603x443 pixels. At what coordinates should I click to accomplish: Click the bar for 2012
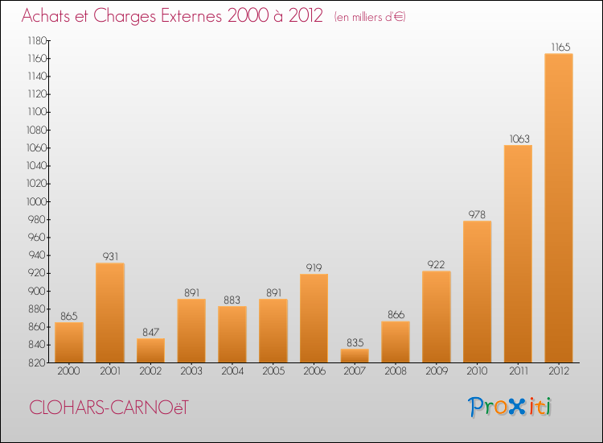coord(559,208)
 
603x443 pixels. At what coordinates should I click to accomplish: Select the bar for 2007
coord(355,355)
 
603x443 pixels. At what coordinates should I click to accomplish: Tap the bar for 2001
coord(110,313)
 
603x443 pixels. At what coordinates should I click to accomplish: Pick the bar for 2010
coord(477,292)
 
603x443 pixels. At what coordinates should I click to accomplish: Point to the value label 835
coord(355,343)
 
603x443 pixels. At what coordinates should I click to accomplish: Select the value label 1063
coord(518,139)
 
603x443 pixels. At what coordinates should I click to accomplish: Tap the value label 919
coord(314,267)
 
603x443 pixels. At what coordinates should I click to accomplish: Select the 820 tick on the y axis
coord(37,362)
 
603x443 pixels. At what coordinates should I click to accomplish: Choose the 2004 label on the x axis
coord(232,372)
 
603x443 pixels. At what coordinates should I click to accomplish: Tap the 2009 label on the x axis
coord(437,372)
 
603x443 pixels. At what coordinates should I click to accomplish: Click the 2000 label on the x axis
coord(69,372)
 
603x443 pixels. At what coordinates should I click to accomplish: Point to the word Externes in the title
coord(196,16)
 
